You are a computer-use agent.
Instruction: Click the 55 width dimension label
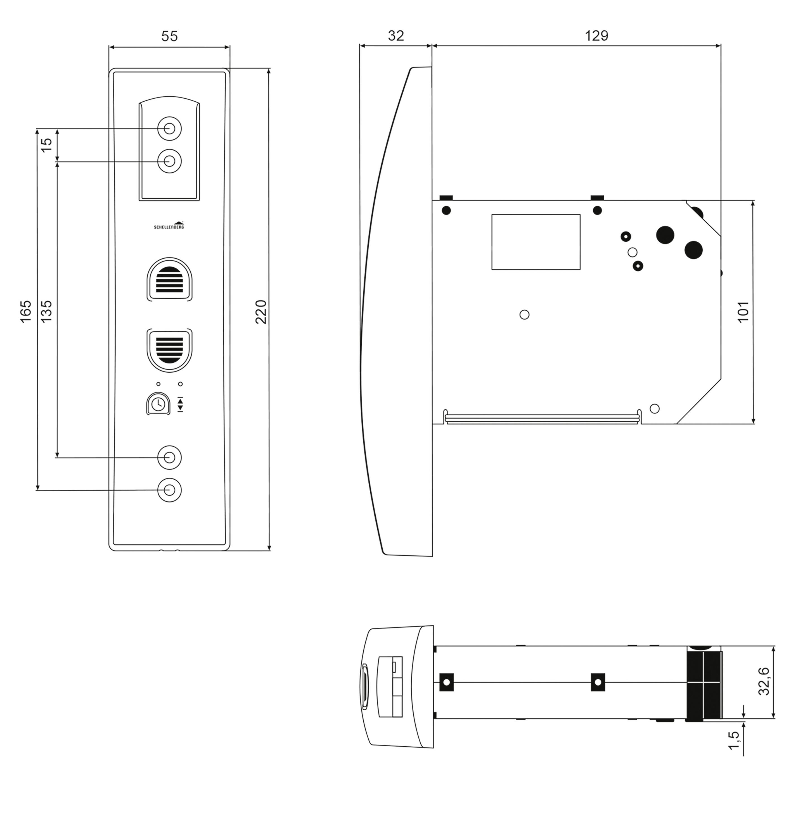click(x=169, y=36)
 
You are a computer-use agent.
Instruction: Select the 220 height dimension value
click(x=260, y=312)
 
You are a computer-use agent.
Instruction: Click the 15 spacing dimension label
click(x=46, y=144)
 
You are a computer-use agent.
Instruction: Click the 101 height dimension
click(x=743, y=312)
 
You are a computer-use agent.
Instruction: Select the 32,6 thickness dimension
click(x=764, y=681)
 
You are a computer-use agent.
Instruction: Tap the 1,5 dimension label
click(x=734, y=740)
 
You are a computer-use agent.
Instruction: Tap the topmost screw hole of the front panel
click(x=169, y=128)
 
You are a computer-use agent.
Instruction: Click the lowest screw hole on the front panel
click(x=169, y=490)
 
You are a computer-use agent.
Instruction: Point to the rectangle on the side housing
click(x=536, y=242)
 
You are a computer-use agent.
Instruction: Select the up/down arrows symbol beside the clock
click(x=180, y=404)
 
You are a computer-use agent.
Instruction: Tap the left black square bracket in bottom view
click(x=446, y=682)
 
